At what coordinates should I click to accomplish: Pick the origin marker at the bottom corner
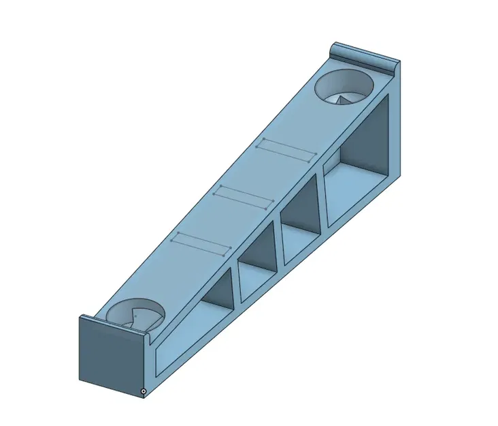pyautogui.click(x=144, y=391)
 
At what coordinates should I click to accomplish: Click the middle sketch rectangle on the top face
pyautogui.click(x=244, y=196)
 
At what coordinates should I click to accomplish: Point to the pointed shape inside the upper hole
pyautogui.click(x=344, y=99)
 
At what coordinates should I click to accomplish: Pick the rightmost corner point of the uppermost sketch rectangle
pyautogui.click(x=316, y=153)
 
